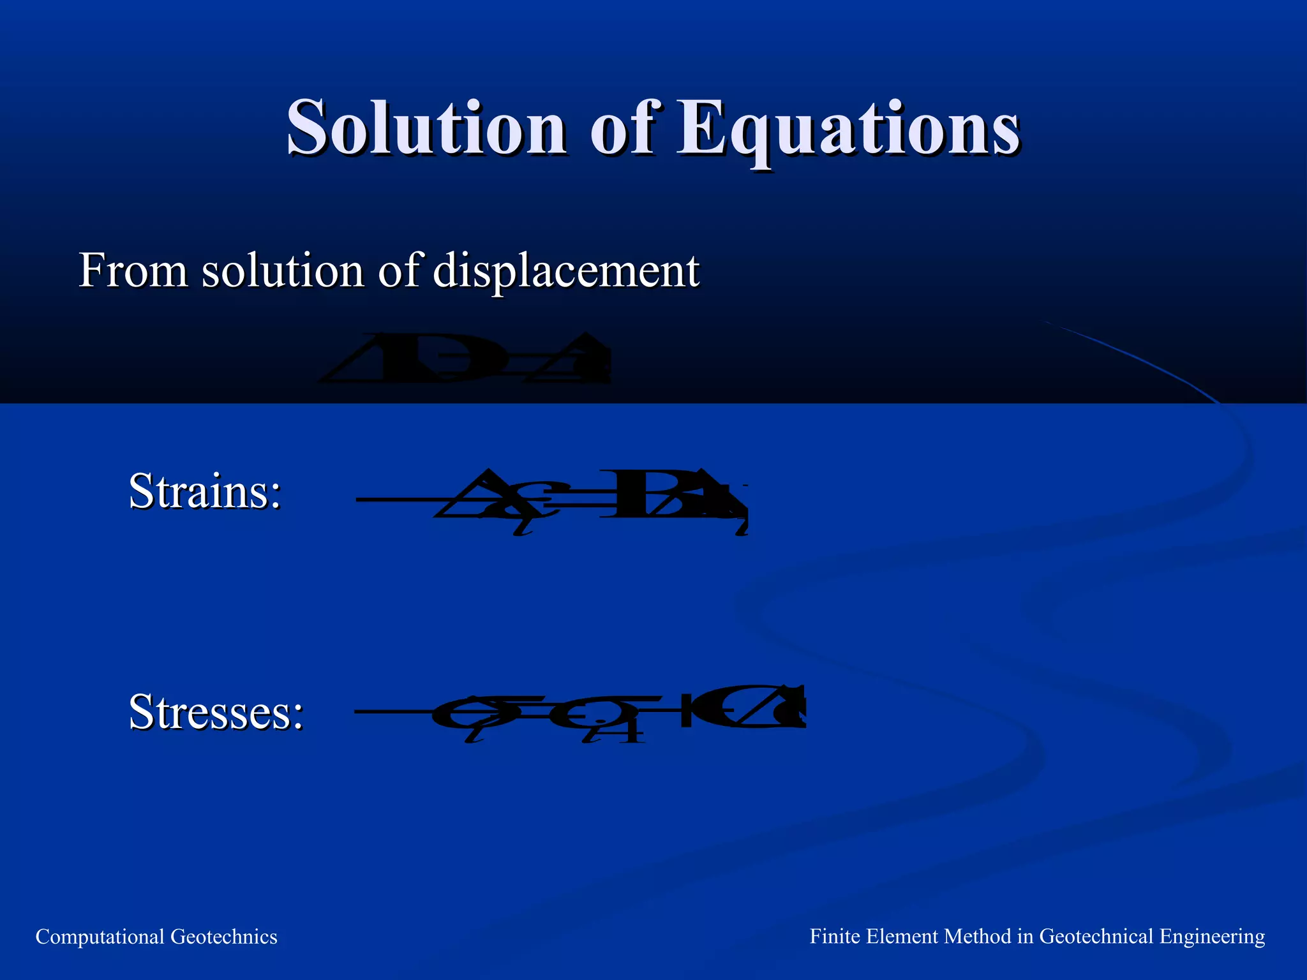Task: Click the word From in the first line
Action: [x=133, y=271]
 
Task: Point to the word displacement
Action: [x=566, y=272]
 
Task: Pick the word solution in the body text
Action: [x=283, y=271]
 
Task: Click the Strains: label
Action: [x=205, y=491]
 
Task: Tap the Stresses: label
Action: [x=216, y=712]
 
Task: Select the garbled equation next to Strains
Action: [x=551, y=501]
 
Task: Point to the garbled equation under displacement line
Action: [x=465, y=359]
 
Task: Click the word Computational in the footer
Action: [x=100, y=937]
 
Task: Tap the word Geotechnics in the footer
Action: [x=224, y=937]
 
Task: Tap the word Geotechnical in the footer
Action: [x=1096, y=937]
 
